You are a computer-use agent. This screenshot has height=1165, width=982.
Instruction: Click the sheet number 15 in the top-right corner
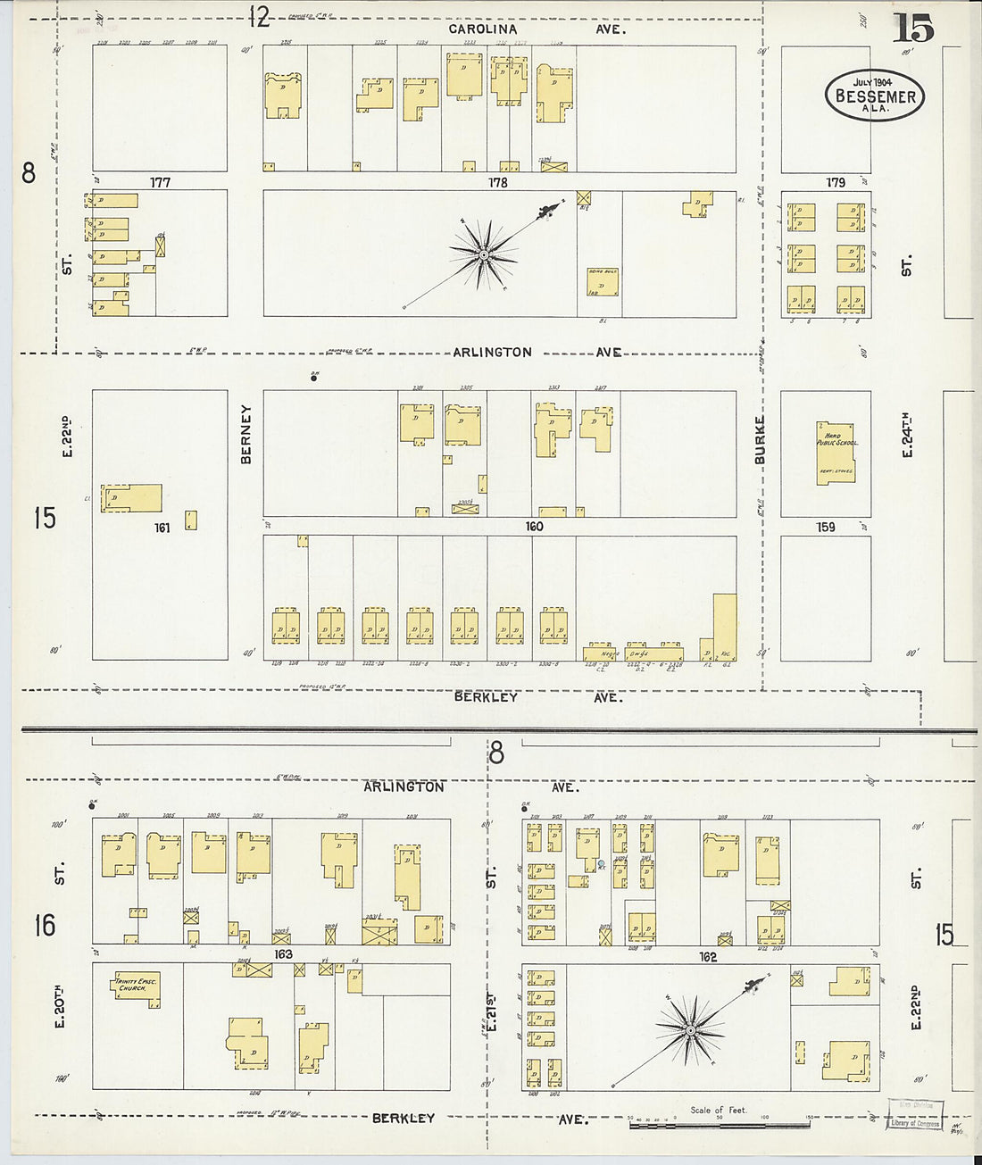912,29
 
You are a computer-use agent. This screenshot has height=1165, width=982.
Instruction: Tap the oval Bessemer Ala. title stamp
874,95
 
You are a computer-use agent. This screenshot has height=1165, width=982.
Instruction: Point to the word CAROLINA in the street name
482,29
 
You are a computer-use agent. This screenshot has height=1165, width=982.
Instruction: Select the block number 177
160,182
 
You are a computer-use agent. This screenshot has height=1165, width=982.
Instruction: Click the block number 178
497,182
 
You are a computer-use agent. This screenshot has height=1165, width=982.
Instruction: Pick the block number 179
835,182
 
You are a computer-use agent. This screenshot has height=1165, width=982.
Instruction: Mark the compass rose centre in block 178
483,255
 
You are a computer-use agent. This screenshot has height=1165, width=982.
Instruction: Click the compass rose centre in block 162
690,1031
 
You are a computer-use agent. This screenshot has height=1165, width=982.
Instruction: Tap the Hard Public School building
835,453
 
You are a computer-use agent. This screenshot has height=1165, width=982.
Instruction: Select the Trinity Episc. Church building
137,987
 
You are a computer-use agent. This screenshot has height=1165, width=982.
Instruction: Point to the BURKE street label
760,439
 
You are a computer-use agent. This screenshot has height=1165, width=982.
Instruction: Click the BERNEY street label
245,434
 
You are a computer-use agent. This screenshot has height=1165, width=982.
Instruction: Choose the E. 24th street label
906,435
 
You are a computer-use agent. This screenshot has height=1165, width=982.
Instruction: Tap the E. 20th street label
60,1006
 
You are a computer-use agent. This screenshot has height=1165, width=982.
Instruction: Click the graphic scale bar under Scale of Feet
719,1125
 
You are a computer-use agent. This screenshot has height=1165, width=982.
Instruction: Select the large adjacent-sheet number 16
45,925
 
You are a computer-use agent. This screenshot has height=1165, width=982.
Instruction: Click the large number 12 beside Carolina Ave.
259,16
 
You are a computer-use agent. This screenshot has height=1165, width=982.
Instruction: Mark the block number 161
162,528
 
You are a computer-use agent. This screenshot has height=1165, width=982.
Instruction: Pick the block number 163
283,954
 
